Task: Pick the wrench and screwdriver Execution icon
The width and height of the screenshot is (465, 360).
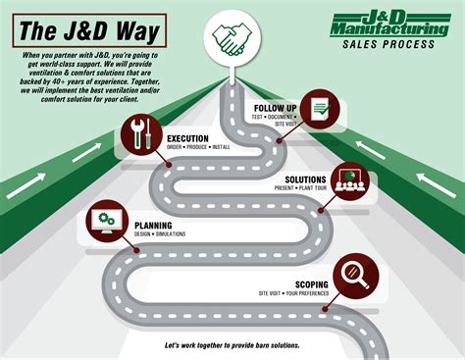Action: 138,132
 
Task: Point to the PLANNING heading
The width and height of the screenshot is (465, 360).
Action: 155,225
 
